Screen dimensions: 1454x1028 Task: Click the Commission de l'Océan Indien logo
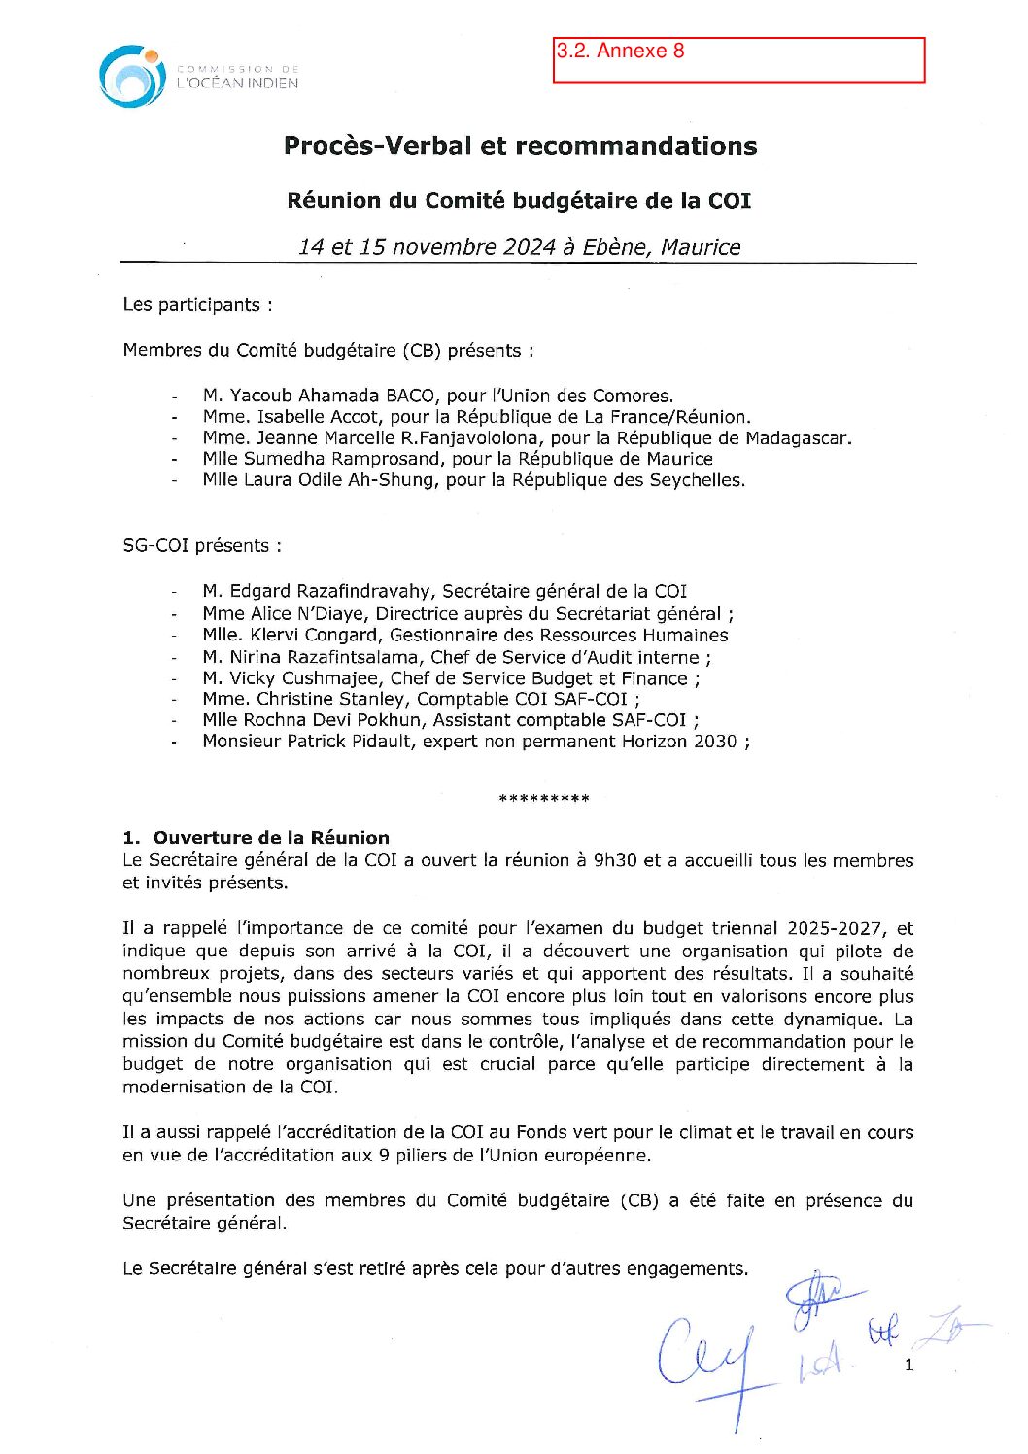pyautogui.click(x=132, y=76)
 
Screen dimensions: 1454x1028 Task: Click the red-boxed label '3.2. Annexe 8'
pyautogui.click(x=620, y=52)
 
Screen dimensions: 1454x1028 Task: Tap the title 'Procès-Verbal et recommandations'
pyautogui.click(x=520, y=146)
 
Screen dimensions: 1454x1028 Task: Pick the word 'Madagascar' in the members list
pyautogui.click(x=801, y=438)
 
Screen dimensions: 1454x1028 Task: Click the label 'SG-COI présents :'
pyautogui.click(x=202, y=546)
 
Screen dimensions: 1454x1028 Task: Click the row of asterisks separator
pyautogui.click(x=543, y=799)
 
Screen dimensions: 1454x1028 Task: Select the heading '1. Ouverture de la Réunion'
pyautogui.click(x=257, y=838)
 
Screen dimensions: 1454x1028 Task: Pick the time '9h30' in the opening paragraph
pyautogui.click(x=614, y=860)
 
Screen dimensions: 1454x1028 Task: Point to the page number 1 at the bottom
pyautogui.click(x=908, y=1365)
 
